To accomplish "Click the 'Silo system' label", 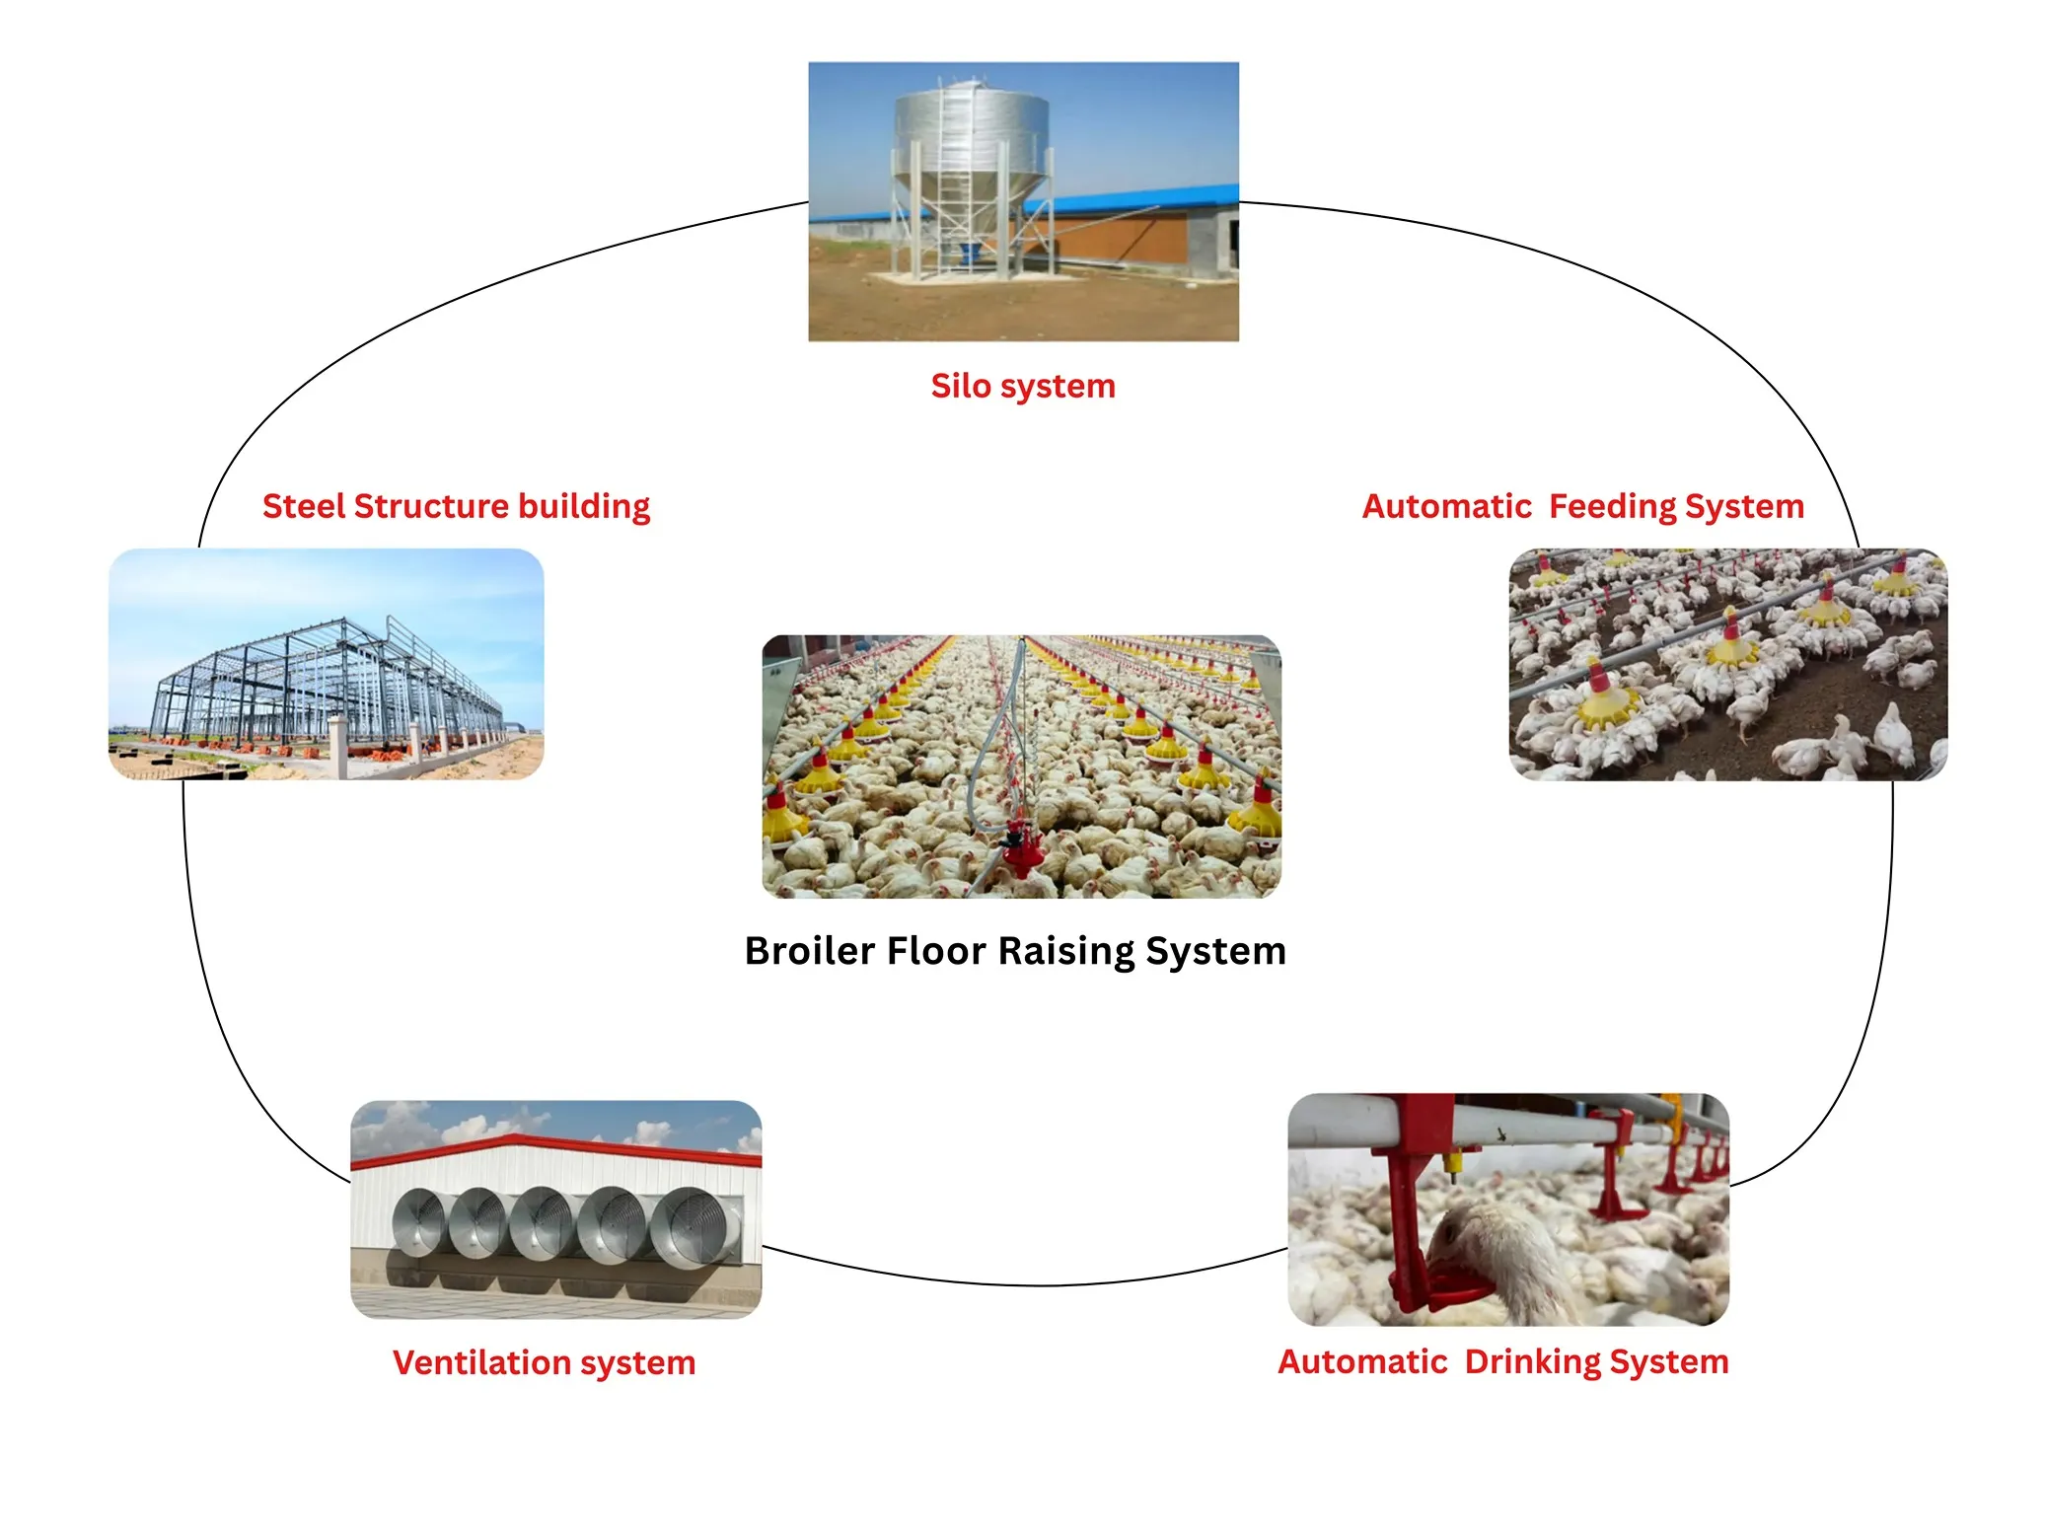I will point(1022,386).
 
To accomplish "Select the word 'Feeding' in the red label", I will point(1612,506).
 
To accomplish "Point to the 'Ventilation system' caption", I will point(544,1362).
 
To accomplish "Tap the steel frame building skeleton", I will point(326,681).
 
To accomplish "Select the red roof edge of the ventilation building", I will point(552,1146).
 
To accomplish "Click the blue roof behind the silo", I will point(1134,197).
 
